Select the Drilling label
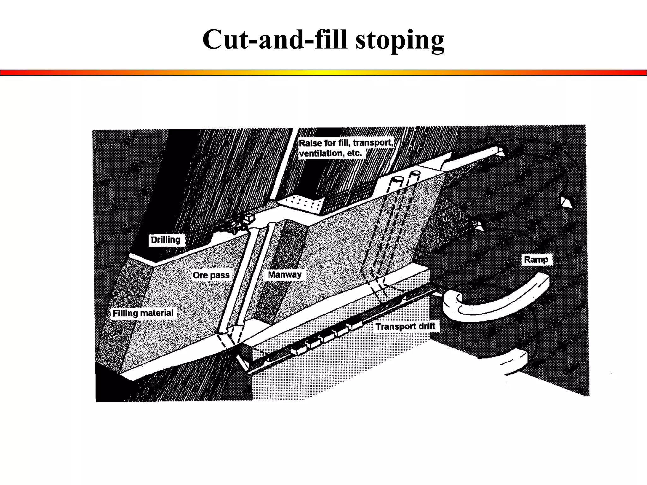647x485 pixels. [166, 240]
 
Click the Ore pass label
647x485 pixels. [211, 275]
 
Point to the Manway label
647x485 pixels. [284, 275]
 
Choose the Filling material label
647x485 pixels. [143, 313]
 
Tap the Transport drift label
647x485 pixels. [405, 326]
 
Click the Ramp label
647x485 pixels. [536, 260]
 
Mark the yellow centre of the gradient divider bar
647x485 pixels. [323, 73]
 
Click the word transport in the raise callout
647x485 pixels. [373, 143]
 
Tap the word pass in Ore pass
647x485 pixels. [220, 275]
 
